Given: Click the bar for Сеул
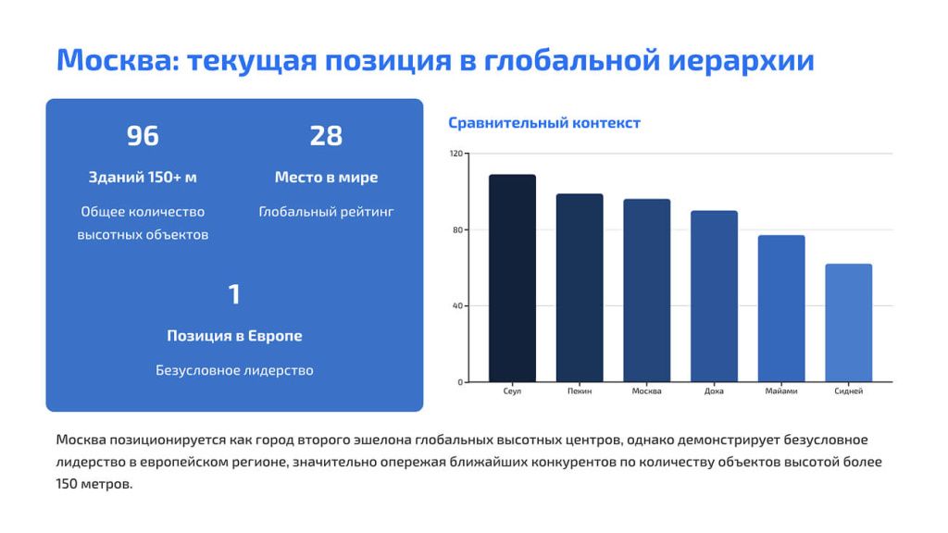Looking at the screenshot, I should pyautogui.click(x=512, y=278).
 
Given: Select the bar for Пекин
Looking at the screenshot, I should pyautogui.click(x=580, y=288).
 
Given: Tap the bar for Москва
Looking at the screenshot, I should pyautogui.click(x=646, y=291).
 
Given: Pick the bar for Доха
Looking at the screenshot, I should pyautogui.click(x=714, y=296).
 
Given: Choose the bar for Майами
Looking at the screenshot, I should pyautogui.click(x=781, y=308).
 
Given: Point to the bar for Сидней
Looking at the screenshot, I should pyautogui.click(x=848, y=323).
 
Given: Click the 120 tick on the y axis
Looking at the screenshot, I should pyautogui.click(x=455, y=154).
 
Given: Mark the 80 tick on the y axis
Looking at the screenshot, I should pyautogui.click(x=457, y=229).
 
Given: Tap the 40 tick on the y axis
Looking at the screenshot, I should pyautogui.click(x=457, y=306).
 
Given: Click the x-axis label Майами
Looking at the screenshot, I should pyautogui.click(x=781, y=391).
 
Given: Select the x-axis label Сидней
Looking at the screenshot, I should pyautogui.click(x=848, y=391).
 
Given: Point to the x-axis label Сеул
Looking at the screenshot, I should pyautogui.click(x=512, y=391).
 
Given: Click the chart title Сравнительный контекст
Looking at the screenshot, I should pyautogui.click(x=544, y=123).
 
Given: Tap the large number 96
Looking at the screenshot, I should pyautogui.click(x=143, y=136).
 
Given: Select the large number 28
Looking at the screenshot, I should pyautogui.click(x=326, y=136).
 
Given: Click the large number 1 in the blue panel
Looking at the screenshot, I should pyautogui.click(x=234, y=294).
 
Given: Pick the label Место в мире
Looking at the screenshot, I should pyautogui.click(x=326, y=178).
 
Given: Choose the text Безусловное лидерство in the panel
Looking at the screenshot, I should pyautogui.click(x=234, y=371).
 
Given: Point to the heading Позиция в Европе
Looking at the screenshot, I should pyautogui.click(x=234, y=336).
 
